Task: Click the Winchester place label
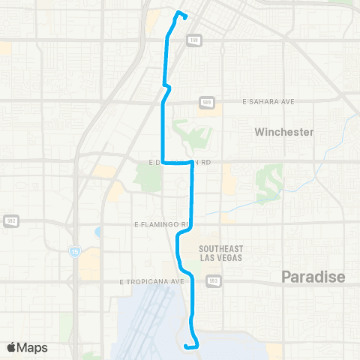[x=283, y=132]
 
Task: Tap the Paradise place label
[x=313, y=277]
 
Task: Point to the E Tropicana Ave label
[x=151, y=281]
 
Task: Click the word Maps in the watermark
[x=33, y=347]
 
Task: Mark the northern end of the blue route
[x=178, y=13]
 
